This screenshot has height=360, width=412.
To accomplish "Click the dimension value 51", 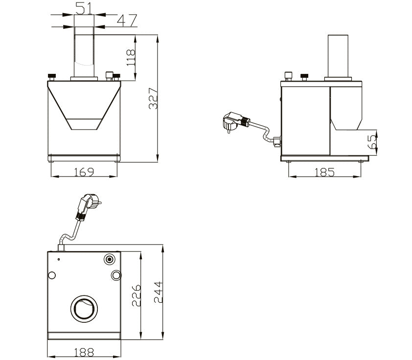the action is click(x=84, y=8).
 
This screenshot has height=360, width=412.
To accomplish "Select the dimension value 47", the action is click(x=127, y=20).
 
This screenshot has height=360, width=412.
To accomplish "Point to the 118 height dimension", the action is click(x=131, y=58).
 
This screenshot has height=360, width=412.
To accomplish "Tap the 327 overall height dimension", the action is click(x=153, y=98).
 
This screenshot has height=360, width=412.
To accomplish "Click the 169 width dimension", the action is click(x=84, y=172).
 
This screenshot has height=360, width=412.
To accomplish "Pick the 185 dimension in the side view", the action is click(x=324, y=172).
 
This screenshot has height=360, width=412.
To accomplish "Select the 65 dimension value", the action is click(x=372, y=142).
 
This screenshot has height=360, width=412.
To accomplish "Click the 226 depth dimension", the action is click(x=136, y=295).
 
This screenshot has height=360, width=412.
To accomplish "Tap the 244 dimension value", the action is click(x=159, y=292).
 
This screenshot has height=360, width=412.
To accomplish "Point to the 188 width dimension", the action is click(x=84, y=352).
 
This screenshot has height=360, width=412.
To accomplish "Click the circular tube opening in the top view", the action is click(x=84, y=309).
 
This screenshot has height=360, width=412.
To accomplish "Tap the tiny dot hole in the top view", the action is click(x=59, y=259).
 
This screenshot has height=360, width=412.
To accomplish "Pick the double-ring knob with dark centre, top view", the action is click(x=109, y=259).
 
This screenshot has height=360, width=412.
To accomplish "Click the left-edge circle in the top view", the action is click(x=52, y=275).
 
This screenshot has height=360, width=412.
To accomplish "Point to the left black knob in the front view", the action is click(x=52, y=77).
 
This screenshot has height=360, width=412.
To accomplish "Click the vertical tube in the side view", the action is click(x=338, y=56).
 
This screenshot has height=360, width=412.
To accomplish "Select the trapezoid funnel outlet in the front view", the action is click(x=84, y=124).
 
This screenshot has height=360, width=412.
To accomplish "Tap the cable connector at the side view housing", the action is click(x=277, y=141).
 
